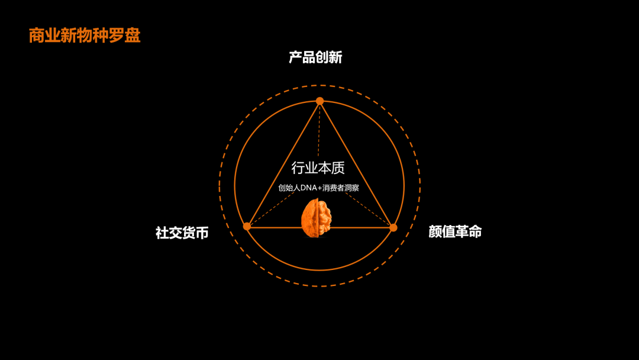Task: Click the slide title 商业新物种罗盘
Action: [85, 36]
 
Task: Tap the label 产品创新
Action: [315, 57]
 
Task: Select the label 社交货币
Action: [182, 233]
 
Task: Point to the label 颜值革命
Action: [455, 232]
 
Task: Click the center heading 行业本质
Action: [318, 168]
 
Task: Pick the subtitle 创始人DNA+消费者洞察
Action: [319, 188]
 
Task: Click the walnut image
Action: [317, 218]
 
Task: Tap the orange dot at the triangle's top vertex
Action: [319, 101]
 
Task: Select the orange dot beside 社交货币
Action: [247, 226]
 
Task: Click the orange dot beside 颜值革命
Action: [393, 227]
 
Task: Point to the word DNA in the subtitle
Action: [309, 188]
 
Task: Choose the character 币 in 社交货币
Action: [202, 233]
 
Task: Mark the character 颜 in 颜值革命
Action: [435, 232]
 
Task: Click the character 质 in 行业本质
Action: [338, 168]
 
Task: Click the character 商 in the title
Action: [37, 36]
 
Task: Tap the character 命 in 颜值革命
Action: [475, 232]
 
